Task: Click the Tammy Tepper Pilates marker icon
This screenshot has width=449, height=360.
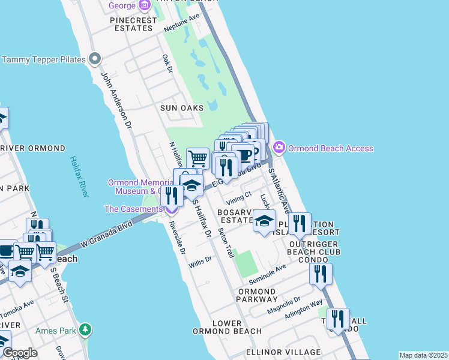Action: click(94, 59)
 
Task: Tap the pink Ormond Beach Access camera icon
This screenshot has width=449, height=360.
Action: click(279, 147)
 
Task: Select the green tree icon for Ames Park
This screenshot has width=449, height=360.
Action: click(86, 329)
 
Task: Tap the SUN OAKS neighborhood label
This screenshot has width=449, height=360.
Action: click(181, 108)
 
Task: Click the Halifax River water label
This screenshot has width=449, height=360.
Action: click(79, 177)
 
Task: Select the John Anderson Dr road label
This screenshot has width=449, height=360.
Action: click(115, 101)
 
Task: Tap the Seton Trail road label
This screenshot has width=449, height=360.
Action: click(226, 243)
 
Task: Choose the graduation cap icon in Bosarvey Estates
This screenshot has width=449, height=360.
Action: click(264, 221)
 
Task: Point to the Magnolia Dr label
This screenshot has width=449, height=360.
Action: click(283, 303)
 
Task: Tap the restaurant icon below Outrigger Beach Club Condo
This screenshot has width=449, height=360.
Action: click(321, 274)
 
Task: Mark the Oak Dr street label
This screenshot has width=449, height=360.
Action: click(167, 64)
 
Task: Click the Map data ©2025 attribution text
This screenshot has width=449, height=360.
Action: click(423, 355)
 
